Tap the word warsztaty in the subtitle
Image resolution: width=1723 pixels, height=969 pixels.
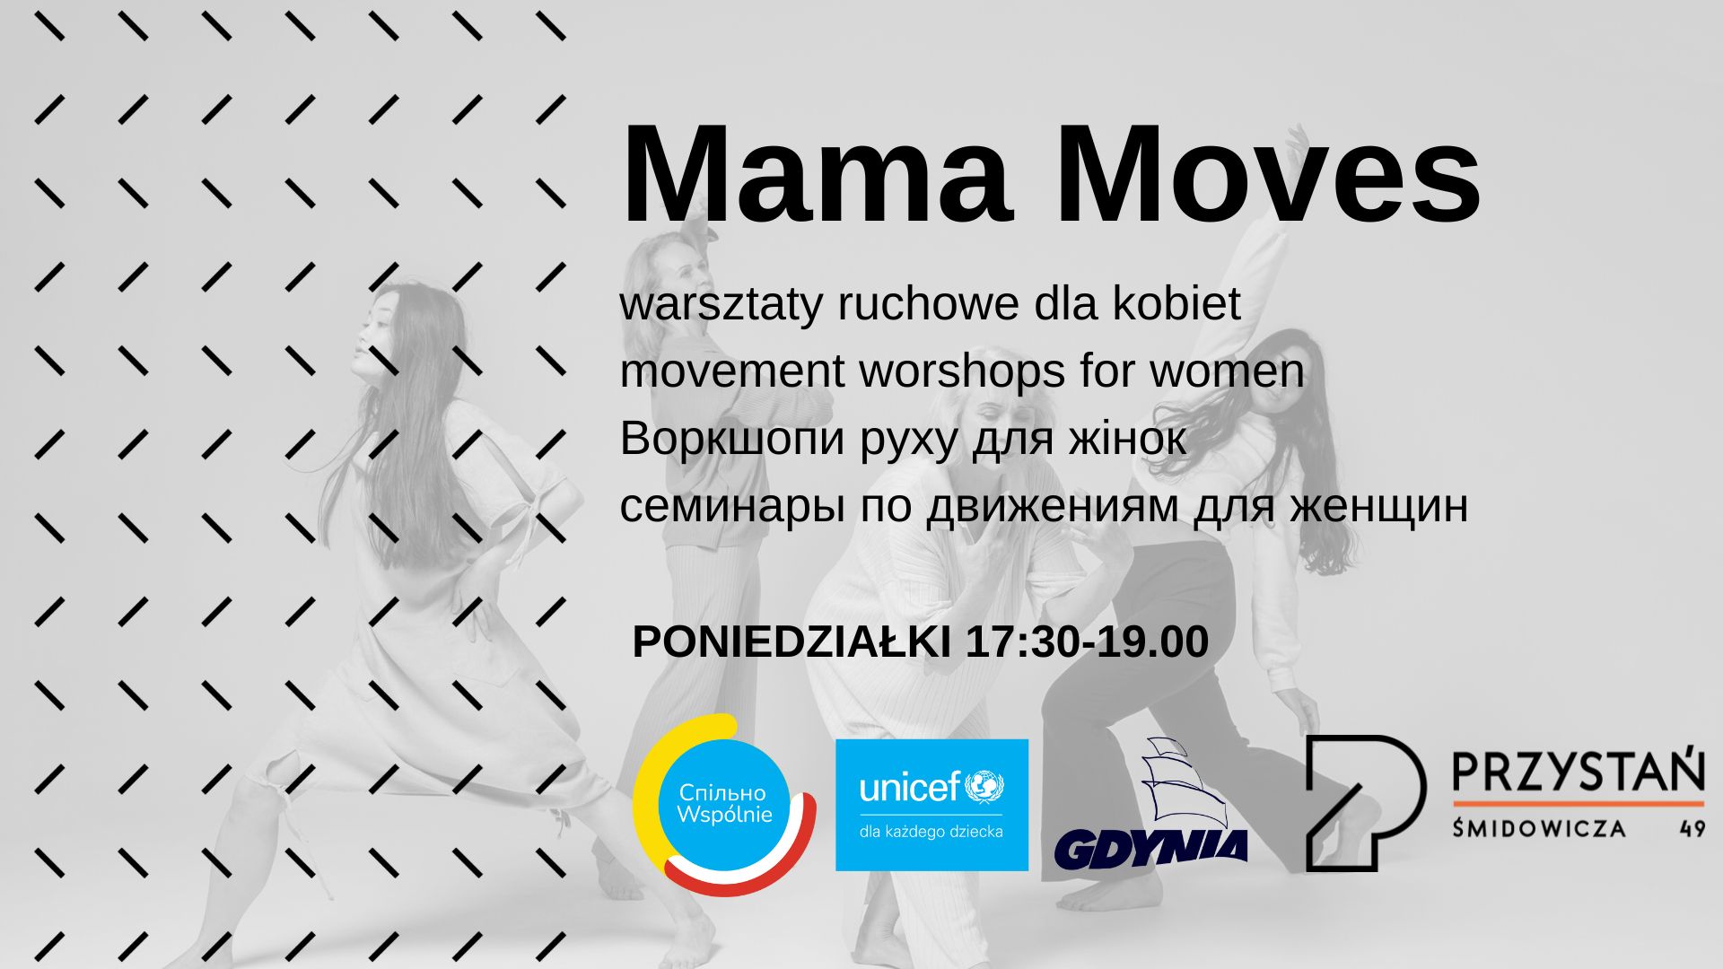721,305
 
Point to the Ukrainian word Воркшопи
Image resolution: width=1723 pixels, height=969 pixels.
732,439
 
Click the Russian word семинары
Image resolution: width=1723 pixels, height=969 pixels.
732,506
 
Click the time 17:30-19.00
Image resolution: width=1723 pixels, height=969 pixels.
1087,642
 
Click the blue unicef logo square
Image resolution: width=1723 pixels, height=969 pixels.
931,805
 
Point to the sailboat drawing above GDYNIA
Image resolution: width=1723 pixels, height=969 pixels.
1176,781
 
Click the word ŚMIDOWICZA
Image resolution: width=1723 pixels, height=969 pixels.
1539,828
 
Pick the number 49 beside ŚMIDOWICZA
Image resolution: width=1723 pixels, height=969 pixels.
1692,828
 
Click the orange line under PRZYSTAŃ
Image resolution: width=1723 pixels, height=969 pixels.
1578,802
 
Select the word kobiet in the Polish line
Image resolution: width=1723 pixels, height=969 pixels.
1176,305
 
